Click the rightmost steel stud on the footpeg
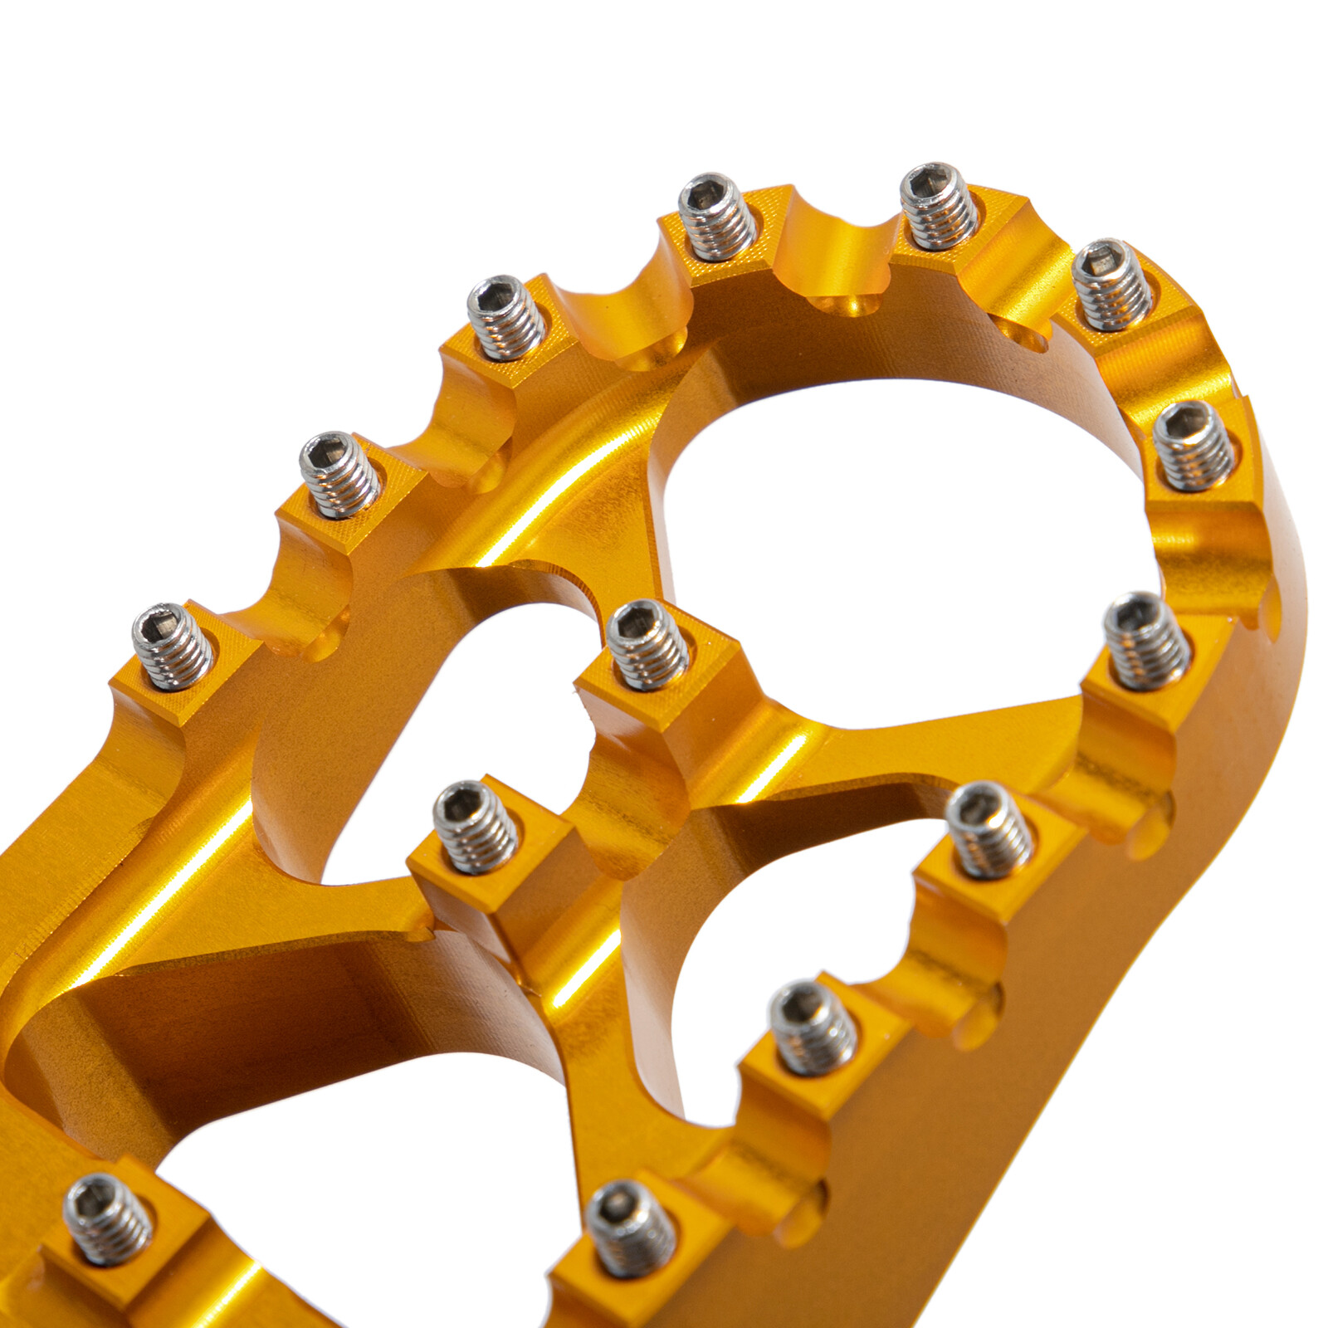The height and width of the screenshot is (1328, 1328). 1194,445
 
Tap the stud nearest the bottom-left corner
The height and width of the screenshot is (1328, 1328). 109,1218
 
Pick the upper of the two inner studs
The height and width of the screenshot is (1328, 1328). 647,644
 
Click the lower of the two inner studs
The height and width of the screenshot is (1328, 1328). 476,826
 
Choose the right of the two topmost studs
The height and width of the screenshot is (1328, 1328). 939,206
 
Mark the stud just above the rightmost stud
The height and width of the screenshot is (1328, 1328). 1111,284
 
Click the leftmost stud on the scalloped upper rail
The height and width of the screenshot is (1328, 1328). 173,646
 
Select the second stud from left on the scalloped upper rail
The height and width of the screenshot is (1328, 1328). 339,474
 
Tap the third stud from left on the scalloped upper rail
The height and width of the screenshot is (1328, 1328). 505,317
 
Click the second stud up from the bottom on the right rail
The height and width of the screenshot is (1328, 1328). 813,1028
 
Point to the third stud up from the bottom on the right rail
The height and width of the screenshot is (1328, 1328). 989,829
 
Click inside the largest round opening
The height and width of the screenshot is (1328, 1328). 896,539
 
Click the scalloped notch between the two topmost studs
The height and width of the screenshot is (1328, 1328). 834,249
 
